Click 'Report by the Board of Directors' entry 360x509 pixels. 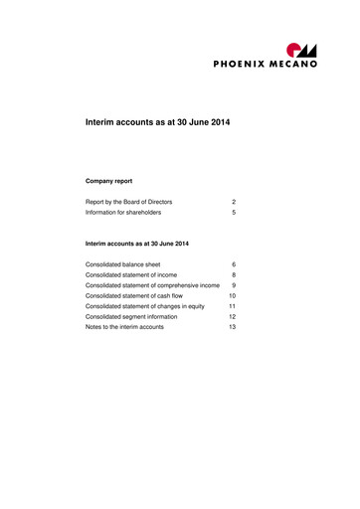[129, 202]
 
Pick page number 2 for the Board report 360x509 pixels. [233, 202]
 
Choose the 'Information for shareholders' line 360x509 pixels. [123, 213]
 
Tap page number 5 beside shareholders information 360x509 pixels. [233, 213]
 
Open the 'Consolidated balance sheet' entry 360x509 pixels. [123, 265]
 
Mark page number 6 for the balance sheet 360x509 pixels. [233, 265]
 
